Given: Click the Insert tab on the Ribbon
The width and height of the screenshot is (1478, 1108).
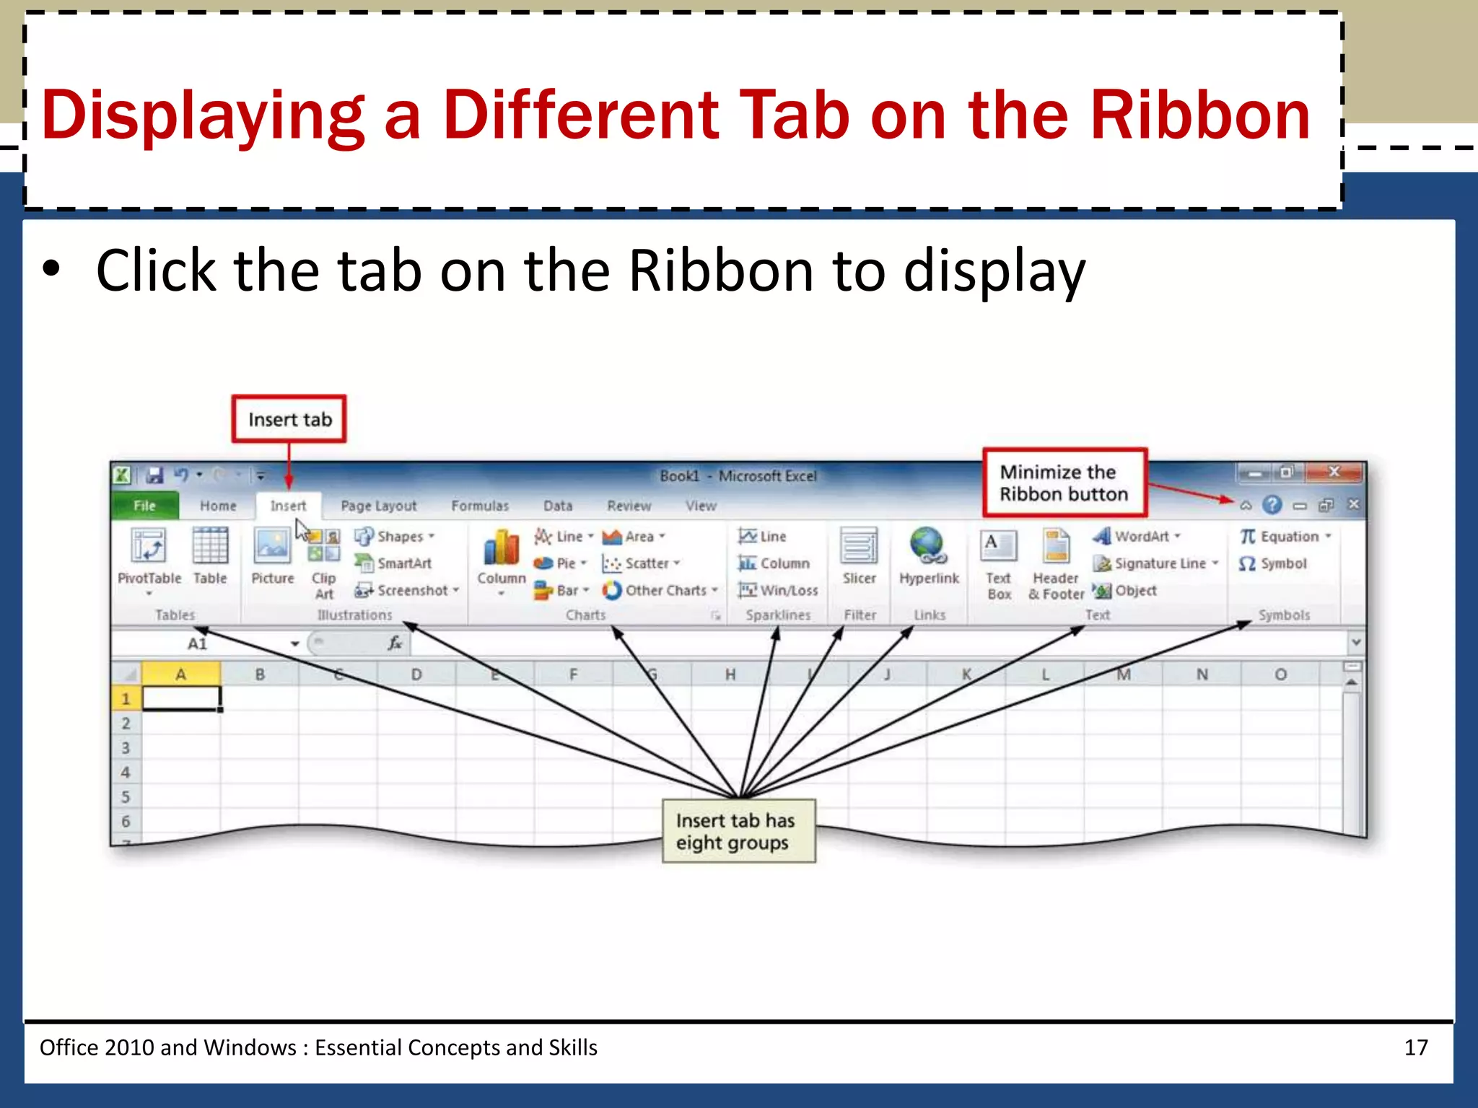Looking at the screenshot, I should tap(288, 506).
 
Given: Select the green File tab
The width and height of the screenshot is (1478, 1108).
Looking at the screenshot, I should tap(144, 506).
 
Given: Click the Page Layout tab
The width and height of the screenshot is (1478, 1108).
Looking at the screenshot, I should tap(378, 506).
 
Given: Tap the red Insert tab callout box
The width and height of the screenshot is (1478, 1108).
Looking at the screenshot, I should tap(289, 419).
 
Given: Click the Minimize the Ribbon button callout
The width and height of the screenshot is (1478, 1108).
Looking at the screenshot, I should tap(1064, 483).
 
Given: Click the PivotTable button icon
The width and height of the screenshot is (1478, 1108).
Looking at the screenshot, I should tap(149, 547).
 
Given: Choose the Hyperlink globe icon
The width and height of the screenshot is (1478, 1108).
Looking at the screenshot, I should tap(928, 547).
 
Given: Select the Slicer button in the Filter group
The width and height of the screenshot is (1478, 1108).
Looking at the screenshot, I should tap(859, 555).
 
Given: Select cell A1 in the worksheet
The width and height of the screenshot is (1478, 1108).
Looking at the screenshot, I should tap(181, 698).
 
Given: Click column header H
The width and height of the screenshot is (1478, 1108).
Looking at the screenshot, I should tap(730, 674).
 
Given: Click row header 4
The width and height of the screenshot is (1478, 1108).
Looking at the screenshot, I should tap(126, 773).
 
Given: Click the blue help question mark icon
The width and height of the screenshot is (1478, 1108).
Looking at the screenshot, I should tap(1272, 504).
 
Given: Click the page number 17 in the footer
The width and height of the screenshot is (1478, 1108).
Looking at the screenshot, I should tap(1415, 1047).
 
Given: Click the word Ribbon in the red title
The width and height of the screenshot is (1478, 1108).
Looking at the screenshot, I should tap(1199, 115).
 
